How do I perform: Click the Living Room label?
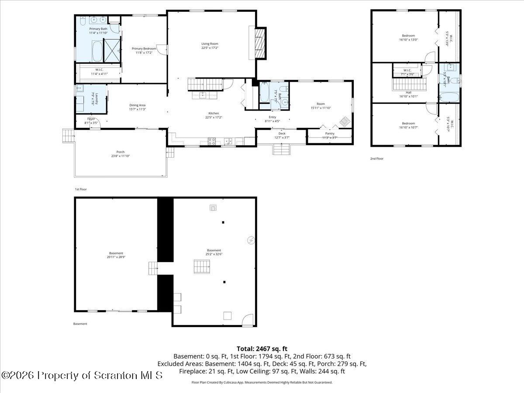[210, 46]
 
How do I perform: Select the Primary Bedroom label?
[144, 51]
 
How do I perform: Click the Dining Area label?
[137, 107]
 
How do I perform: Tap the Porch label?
[120, 154]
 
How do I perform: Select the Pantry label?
[330, 135]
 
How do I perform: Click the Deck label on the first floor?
[282, 135]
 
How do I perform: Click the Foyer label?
[91, 121]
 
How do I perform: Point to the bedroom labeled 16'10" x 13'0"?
[408, 38]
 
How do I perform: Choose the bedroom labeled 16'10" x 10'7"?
[408, 125]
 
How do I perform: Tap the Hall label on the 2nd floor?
[408, 94]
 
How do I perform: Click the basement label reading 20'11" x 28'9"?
[116, 255]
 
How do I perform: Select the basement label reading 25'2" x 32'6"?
[214, 252]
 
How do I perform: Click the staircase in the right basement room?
[202, 266]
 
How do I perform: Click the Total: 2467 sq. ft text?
[262, 348]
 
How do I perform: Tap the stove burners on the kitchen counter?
[212, 141]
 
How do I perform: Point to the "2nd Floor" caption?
[377, 159]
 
